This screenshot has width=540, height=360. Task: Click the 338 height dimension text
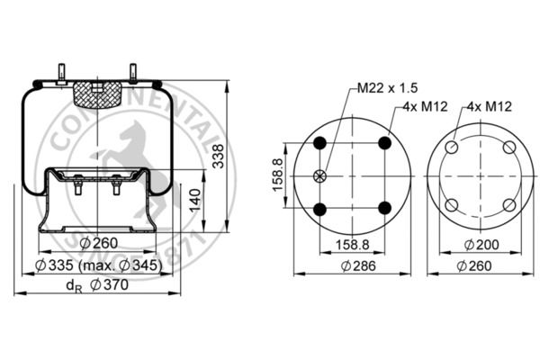pos(218,156)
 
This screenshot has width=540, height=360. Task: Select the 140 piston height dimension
pos(195,200)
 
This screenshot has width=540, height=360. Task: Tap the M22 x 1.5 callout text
pos(387,88)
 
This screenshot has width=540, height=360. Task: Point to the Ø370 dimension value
pos(109,285)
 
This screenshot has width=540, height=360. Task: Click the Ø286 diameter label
pos(358,266)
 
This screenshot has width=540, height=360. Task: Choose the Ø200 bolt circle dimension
pos(481,245)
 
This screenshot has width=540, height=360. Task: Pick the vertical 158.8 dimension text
pos(277,175)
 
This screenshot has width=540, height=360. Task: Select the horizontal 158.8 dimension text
pos(352,245)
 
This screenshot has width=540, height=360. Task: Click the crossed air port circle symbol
pos(319,176)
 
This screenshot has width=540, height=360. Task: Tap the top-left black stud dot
pos(319,142)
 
